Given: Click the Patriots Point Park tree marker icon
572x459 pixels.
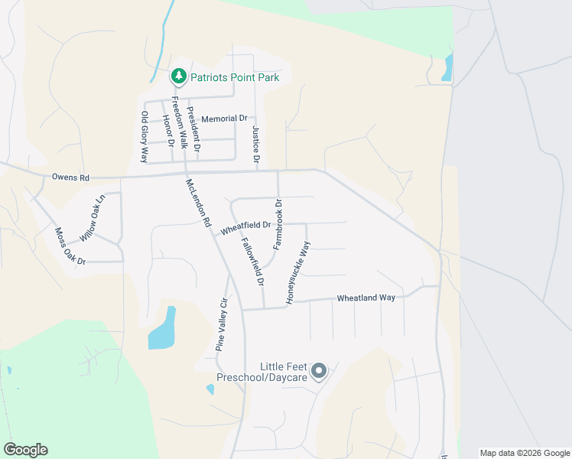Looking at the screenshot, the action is pos(178,76).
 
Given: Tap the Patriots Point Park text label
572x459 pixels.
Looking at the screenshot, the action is pos(234,77).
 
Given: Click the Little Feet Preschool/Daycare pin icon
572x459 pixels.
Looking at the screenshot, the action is pos(320,372).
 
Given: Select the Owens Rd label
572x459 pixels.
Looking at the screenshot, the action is pos(70,177).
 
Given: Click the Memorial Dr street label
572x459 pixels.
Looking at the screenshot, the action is pos(224,119).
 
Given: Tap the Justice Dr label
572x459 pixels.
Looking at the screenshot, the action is pos(256,146).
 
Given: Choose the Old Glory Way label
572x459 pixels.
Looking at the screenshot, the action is pos(144,137).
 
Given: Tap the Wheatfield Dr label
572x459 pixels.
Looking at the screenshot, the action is pos(245,227).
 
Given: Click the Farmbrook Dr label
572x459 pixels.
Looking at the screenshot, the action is pos(278,223).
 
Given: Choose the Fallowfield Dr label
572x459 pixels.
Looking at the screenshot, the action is pos(252,261).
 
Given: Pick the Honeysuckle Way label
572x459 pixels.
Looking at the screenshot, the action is pos(299,273).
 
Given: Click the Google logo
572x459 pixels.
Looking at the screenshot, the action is pos(25,450).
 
